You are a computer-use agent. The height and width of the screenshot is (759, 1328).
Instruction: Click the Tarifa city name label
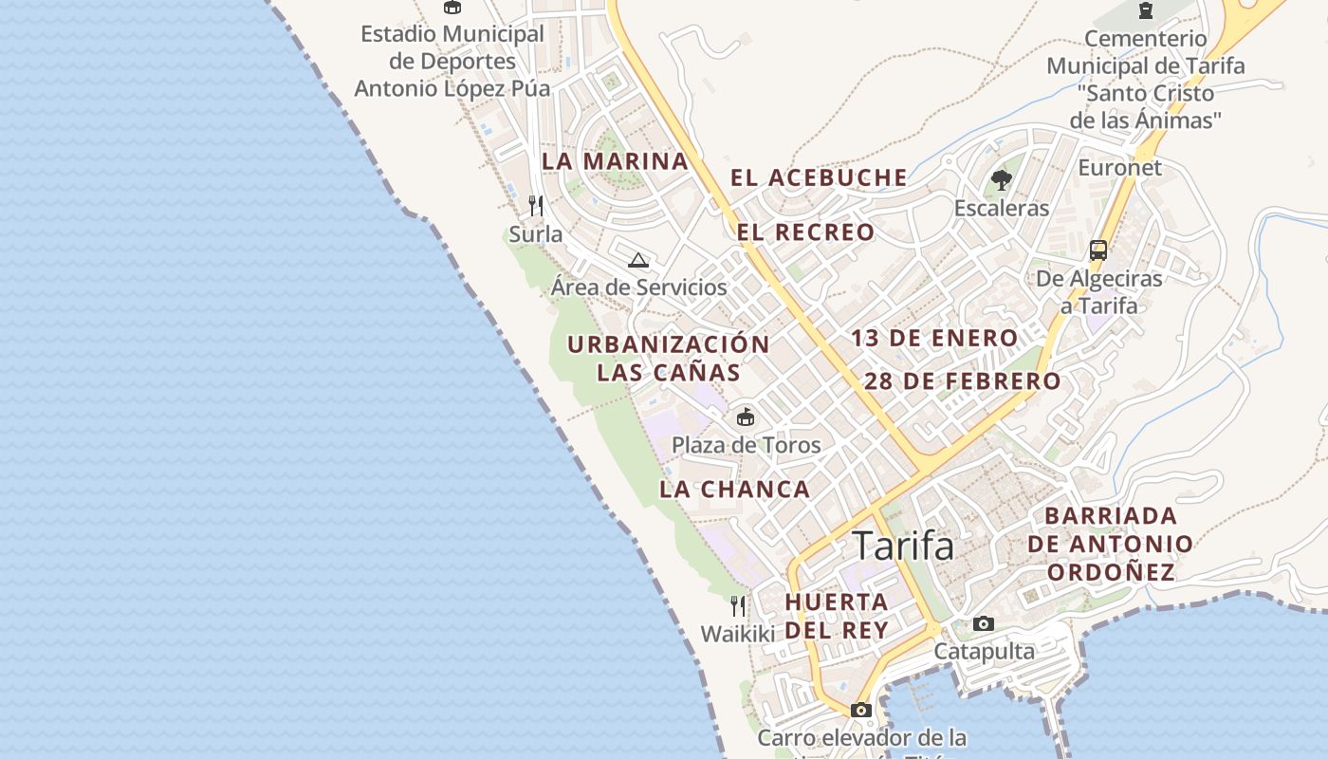(x=903, y=546)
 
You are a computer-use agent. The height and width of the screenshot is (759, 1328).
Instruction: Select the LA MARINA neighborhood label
(x=615, y=161)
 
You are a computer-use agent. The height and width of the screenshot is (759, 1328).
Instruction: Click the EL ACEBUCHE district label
(x=819, y=177)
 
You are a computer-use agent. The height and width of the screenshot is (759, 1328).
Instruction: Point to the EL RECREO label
(x=805, y=232)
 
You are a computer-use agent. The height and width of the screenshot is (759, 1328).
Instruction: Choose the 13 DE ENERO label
(x=934, y=338)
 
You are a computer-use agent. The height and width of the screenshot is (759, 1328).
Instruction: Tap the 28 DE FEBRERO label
(x=962, y=381)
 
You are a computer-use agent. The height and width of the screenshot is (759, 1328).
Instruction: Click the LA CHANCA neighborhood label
(x=735, y=490)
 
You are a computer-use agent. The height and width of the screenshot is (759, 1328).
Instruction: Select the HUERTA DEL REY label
(x=837, y=616)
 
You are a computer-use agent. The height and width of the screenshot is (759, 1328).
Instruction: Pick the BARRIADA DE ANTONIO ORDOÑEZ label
(x=1110, y=544)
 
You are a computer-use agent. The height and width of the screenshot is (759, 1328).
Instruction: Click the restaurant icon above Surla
(x=536, y=206)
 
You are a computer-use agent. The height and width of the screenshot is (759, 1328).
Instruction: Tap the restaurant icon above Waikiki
(x=738, y=605)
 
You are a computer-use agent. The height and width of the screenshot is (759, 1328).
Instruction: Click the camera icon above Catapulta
(x=984, y=623)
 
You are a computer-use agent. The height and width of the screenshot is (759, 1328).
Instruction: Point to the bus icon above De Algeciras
(x=1098, y=250)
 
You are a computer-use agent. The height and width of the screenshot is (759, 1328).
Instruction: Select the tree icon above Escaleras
(x=1001, y=180)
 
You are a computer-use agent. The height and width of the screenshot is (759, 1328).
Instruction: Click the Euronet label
(x=1119, y=168)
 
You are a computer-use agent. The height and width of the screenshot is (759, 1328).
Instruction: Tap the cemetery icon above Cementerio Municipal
(x=1145, y=10)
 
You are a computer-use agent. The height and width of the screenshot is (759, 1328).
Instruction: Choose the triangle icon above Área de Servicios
(x=638, y=260)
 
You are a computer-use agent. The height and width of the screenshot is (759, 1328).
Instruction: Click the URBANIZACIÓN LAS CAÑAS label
(x=668, y=358)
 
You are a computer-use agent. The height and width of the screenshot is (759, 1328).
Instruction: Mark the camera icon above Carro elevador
(x=860, y=710)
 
